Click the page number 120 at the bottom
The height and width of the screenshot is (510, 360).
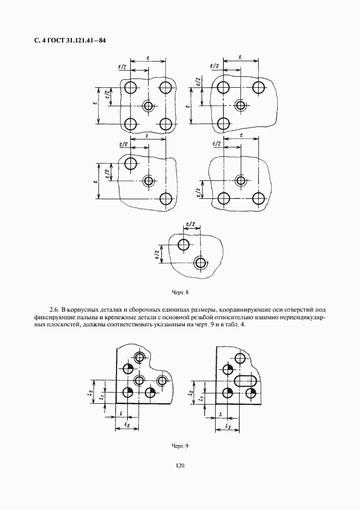pos(180,466)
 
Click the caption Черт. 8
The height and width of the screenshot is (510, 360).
pos(180,293)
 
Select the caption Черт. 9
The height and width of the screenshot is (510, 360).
pos(180,446)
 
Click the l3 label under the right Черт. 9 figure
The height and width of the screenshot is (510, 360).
pos(228,426)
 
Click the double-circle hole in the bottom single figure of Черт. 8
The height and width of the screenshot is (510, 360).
pos(201,263)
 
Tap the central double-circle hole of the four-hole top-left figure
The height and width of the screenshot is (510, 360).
pos(148,106)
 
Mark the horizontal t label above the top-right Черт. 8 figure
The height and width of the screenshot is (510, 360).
pos(240,56)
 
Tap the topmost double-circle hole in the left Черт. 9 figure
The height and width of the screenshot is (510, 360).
pos(140,357)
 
